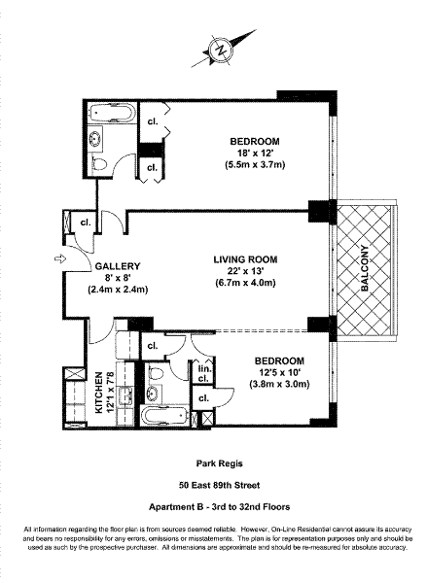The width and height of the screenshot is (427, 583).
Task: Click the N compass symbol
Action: tap(222, 51)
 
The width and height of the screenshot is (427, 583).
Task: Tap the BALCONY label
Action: tap(365, 268)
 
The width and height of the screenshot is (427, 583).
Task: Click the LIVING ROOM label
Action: tap(245, 259)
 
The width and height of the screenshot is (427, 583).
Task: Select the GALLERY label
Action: tap(118, 266)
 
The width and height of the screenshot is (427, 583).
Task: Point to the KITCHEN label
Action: tap(99, 393)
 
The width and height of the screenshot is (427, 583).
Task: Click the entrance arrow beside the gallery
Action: tap(59, 258)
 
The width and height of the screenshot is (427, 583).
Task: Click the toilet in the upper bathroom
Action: tap(99, 164)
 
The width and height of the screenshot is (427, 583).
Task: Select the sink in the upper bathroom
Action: tap(96, 139)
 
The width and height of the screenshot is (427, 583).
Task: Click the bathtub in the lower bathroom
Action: tap(164, 416)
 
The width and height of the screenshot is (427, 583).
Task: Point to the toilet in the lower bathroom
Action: tap(156, 372)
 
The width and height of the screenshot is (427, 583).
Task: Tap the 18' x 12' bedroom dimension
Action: tap(255, 153)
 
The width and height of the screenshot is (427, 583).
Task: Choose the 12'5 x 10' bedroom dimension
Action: tap(279, 372)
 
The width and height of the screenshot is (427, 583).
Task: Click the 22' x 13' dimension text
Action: tap(245, 271)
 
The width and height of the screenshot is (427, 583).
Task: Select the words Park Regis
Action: tap(219, 463)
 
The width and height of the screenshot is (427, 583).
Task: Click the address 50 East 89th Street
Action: tap(219, 485)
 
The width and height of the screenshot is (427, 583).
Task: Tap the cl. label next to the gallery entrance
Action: tap(86, 223)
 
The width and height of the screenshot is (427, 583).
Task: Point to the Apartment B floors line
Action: tap(219, 507)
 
